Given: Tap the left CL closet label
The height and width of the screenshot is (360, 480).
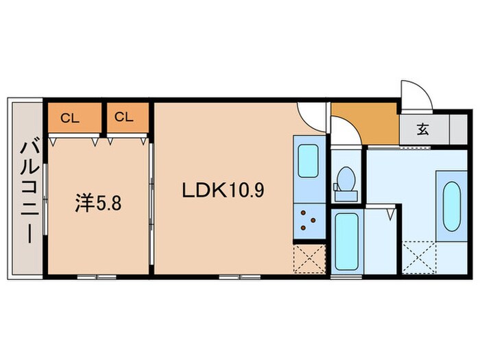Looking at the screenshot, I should tap(69, 117).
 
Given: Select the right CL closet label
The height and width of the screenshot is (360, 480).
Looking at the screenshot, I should tap(123, 117).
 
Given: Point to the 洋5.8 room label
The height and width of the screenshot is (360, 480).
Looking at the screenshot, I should tap(98, 204).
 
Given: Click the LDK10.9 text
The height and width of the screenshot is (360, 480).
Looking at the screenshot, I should tap(222, 190).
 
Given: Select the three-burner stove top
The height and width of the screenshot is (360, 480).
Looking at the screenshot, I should tap(307, 220).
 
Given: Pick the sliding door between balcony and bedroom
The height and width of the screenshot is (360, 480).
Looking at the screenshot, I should tap(45, 198).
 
